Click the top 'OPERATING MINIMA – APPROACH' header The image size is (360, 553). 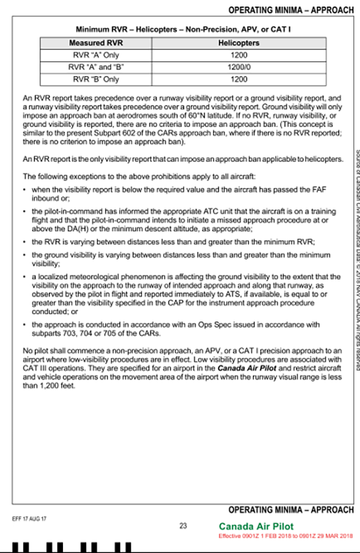click(291, 10)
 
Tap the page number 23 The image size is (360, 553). click(184, 525)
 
